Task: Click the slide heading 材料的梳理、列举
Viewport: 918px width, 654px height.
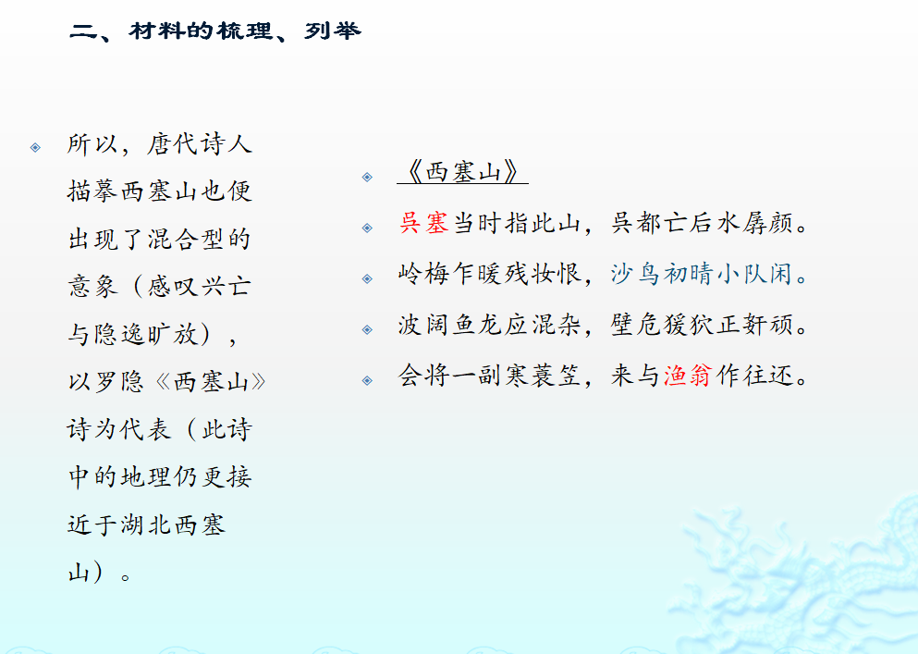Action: [244, 31]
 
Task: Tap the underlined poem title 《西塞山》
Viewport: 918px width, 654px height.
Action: [462, 172]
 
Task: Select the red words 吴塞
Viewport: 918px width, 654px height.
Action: [424, 223]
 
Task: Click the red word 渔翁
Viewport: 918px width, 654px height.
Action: [688, 375]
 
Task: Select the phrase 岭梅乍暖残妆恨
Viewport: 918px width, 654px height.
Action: [489, 274]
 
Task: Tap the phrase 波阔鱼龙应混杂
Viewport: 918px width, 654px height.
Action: [489, 324]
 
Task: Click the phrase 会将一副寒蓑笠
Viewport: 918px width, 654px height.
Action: [489, 375]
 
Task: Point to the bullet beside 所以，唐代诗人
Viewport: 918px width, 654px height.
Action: [35, 148]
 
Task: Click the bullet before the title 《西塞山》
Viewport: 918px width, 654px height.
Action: [367, 177]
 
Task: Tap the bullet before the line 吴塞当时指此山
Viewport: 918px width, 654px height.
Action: [367, 228]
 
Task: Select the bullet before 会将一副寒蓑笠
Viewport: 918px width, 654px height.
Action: [367, 380]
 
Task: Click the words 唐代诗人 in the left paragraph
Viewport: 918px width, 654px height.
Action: [200, 144]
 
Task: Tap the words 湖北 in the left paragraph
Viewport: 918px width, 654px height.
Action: [146, 524]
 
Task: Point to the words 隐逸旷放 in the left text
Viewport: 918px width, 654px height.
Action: [146, 334]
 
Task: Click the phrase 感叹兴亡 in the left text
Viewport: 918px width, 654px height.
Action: [200, 287]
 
